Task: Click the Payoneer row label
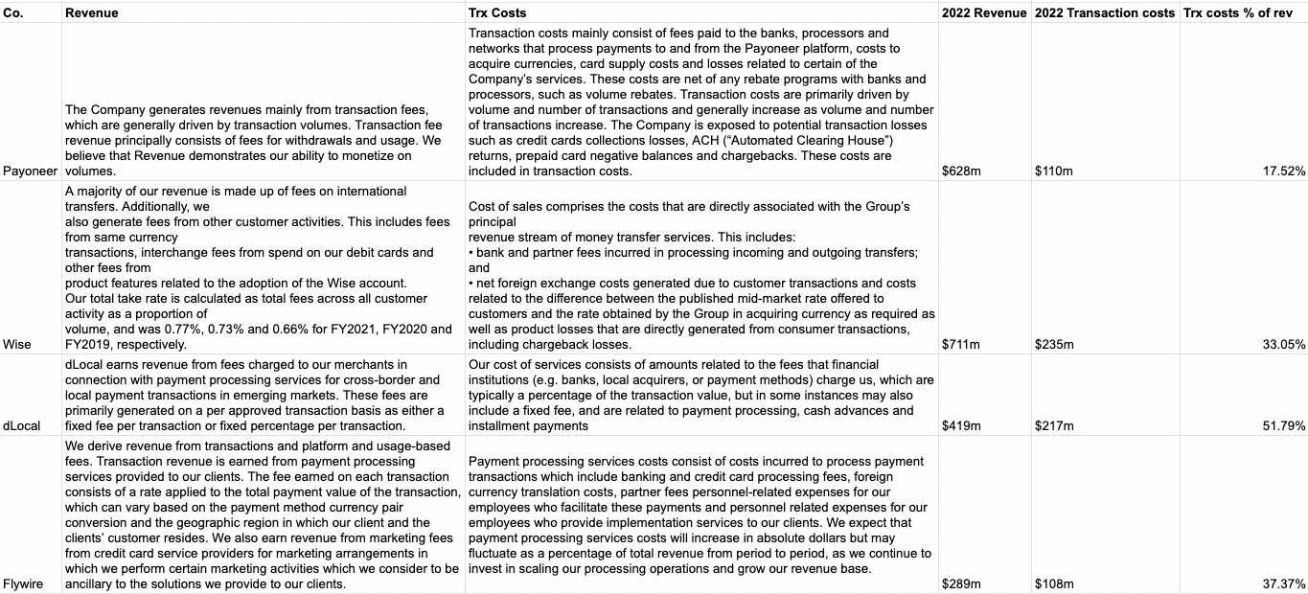pyautogui.click(x=30, y=171)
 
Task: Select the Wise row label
pyautogui.click(x=16, y=345)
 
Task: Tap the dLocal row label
pyautogui.click(x=22, y=425)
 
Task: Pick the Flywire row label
pyautogui.click(x=23, y=583)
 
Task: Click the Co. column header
pyautogui.click(x=13, y=12)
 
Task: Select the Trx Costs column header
pyautogui.click(x=497, y=12)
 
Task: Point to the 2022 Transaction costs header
pyautogui.click(x=1104, y=12)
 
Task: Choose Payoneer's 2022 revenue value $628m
pyautogui.click(x=962, y=171)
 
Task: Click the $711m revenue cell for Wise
pyautogui.click(x=961, y=345)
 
